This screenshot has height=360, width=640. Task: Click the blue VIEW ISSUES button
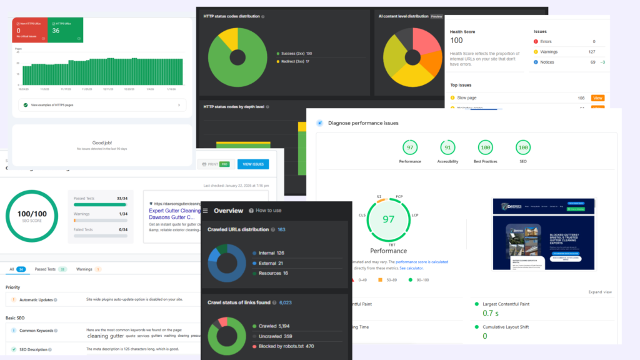(252, 164)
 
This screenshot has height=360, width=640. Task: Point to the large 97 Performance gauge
(388, 219)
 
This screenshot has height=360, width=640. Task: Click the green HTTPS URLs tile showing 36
(66, 30)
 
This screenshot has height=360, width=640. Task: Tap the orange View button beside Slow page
(597, 98)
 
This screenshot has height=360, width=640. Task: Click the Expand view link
(599, 292)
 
